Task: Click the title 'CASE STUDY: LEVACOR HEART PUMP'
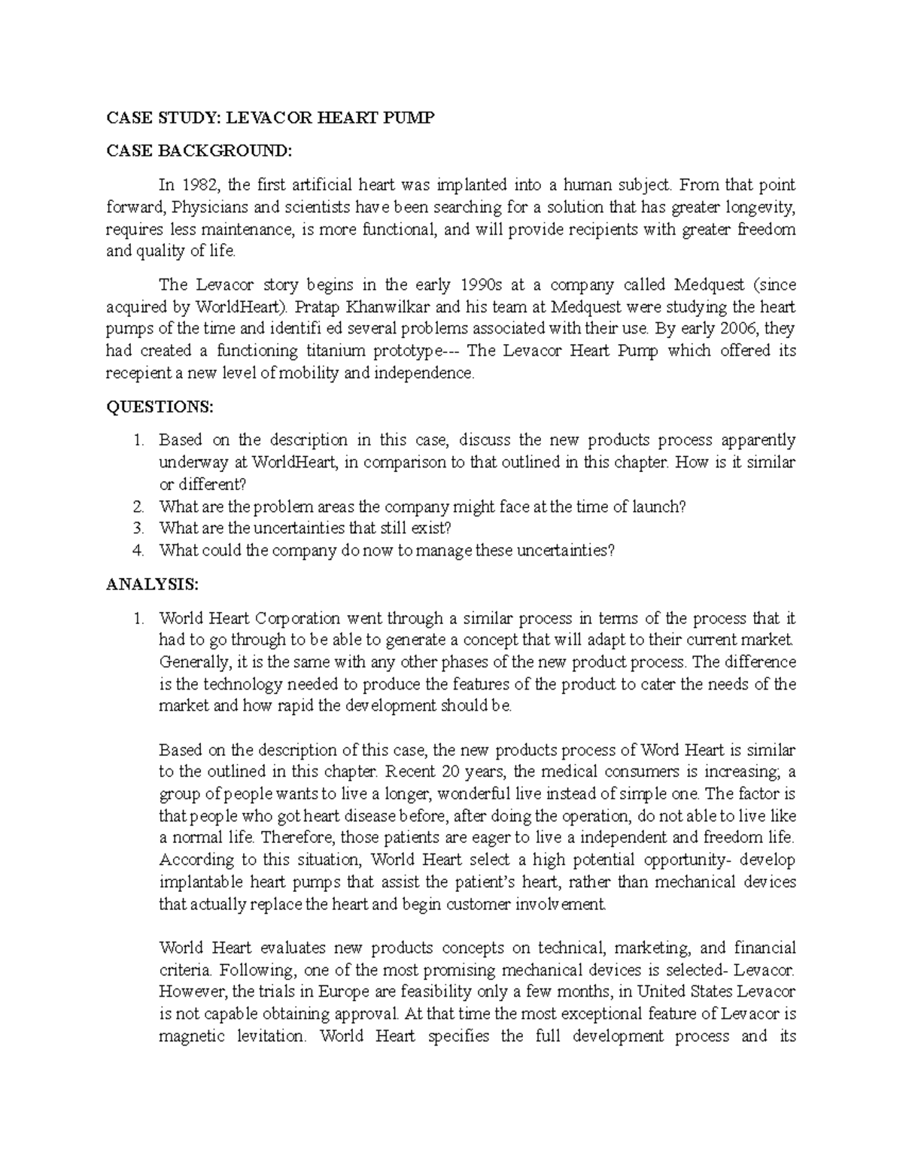pyautogui.click(x=270, y=119)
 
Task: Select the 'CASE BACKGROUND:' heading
pyautogui.click(x=198, y=151)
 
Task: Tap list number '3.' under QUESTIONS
pyautogui.click(x=137, y=528)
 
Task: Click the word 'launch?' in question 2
pyautogui.click(x=660, y=507)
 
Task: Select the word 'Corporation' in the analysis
pyautogui.click(x=296, y=619)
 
